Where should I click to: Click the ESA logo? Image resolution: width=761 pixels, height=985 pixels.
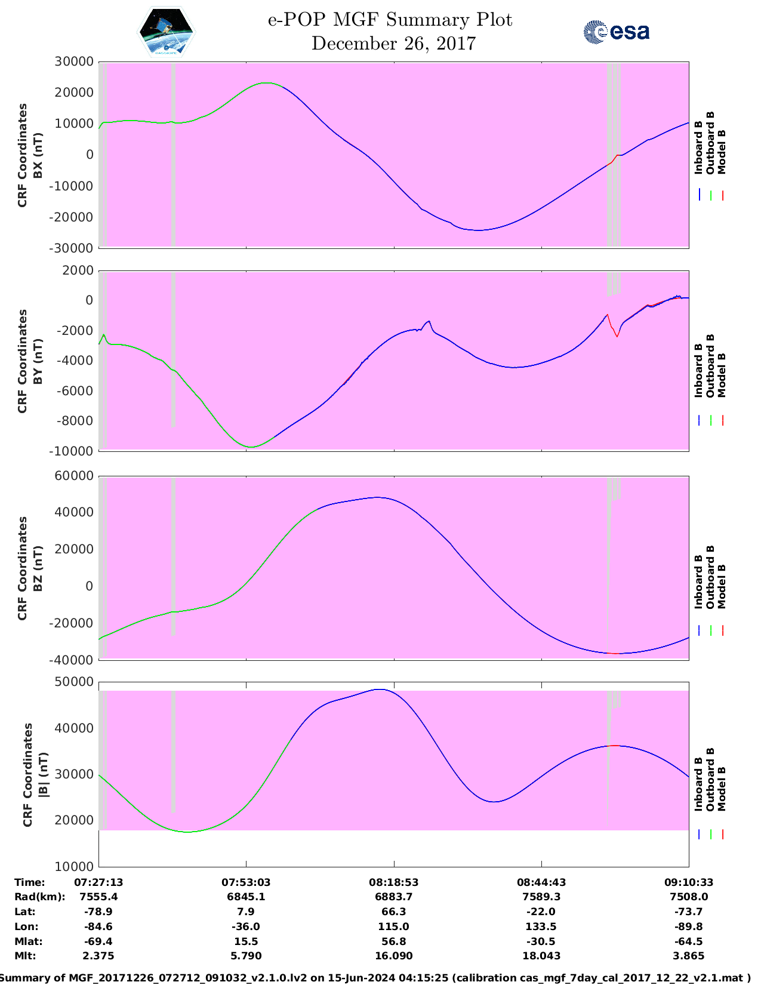tap(616, 32)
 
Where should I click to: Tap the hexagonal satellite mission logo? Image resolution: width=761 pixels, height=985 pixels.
tap(166, 32)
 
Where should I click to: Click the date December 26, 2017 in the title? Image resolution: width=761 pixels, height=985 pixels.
tap(393, 44)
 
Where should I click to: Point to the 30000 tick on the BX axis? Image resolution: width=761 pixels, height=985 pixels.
tap(74, 61)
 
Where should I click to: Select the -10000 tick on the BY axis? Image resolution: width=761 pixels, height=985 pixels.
tap(74, 451)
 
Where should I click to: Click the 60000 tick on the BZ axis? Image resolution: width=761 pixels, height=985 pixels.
tap(74, 476)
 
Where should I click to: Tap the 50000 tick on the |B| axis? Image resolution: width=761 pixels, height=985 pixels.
tap(74, 682)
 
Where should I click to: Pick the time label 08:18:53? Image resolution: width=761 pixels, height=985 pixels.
tap(393, 882)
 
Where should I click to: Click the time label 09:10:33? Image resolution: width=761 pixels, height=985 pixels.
tap(688, 882)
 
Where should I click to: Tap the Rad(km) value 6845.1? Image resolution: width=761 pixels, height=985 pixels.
tap(246, 897)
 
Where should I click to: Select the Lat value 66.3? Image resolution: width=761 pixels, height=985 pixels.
tap(393, 912)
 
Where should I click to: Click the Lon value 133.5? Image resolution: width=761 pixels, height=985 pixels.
tap(541, 926)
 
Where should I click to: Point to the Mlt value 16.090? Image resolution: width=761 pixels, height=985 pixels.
tap(393, 956)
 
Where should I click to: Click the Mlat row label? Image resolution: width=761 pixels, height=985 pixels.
tap(26, 941)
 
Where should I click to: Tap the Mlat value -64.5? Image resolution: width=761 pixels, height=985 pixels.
tap(688, 941)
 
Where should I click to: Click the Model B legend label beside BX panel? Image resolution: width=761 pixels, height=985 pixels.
tap(722, 152)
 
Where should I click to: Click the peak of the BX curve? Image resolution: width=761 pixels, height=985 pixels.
tap(266, 83)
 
